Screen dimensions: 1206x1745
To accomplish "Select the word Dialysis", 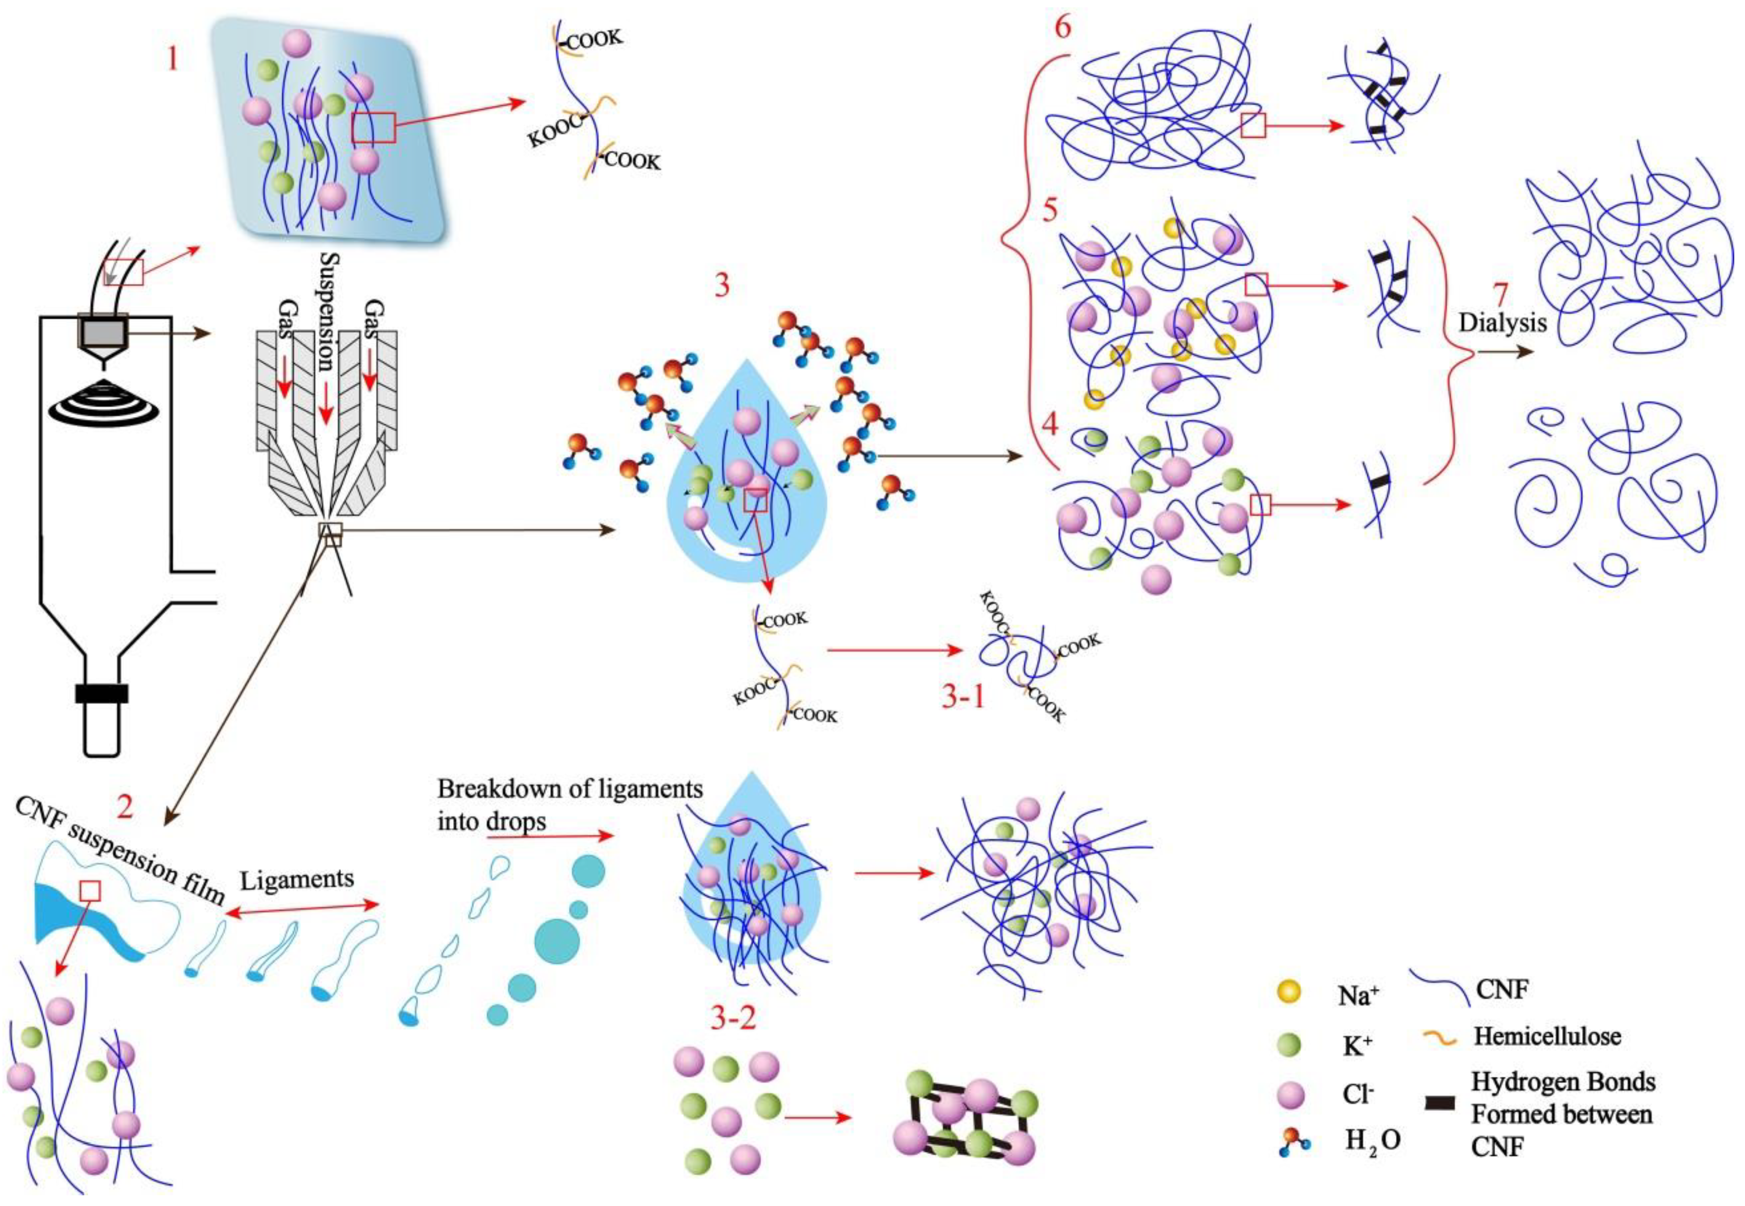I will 1503,323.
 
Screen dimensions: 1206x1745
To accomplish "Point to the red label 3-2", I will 732,1019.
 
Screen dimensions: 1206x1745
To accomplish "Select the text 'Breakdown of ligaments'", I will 570,789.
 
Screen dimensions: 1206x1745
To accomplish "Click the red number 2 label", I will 125,807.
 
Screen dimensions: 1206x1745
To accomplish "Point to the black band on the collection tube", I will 101,693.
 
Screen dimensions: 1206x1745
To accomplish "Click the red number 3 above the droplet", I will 722,286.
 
